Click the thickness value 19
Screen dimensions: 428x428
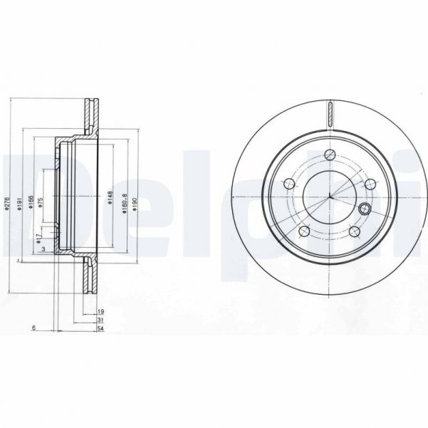tap(101, 312)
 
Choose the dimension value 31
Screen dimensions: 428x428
tap(101, 320)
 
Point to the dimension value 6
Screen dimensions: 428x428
tap(33, 328)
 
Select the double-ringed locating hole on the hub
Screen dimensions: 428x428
tap(365, 209)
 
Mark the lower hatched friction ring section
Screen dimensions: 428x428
tap(90, 278)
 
